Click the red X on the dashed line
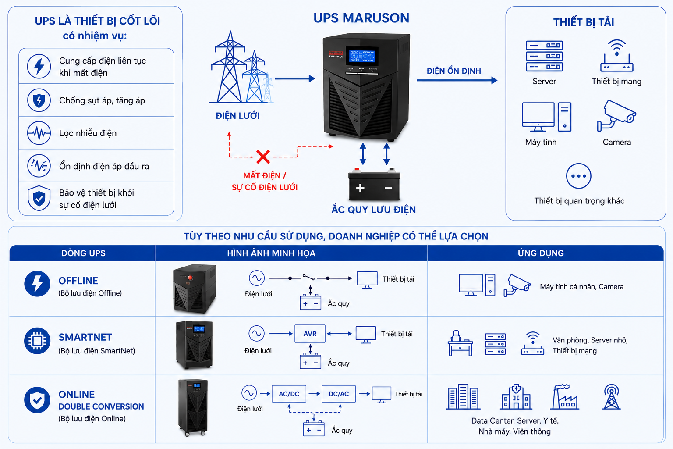(x=263, y=157)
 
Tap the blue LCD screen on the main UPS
(x=362, y=56)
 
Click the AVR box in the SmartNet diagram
(x=310, y=334)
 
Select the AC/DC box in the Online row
(x=289, y=394)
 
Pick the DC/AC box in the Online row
(x=339, y=394)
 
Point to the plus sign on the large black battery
(x=360, y=188)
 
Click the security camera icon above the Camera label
(x=616, y=116)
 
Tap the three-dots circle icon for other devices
(x=578, y=176)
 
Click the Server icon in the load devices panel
(x=544, y=56)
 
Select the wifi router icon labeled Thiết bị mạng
(x=616, y=56)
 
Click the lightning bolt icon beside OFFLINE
(x=37, y=284)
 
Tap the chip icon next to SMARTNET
(x=37, y=340)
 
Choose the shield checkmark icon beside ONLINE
(x=37, y=400)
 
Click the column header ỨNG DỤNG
(x=541, y=253)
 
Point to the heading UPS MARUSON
(x=361, y=18)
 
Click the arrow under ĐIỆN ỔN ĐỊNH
(x=457, y=80)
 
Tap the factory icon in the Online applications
(x=564, y=397)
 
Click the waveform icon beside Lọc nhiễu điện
(x=39, y=133)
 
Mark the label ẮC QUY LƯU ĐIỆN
(x=373, y=210)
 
